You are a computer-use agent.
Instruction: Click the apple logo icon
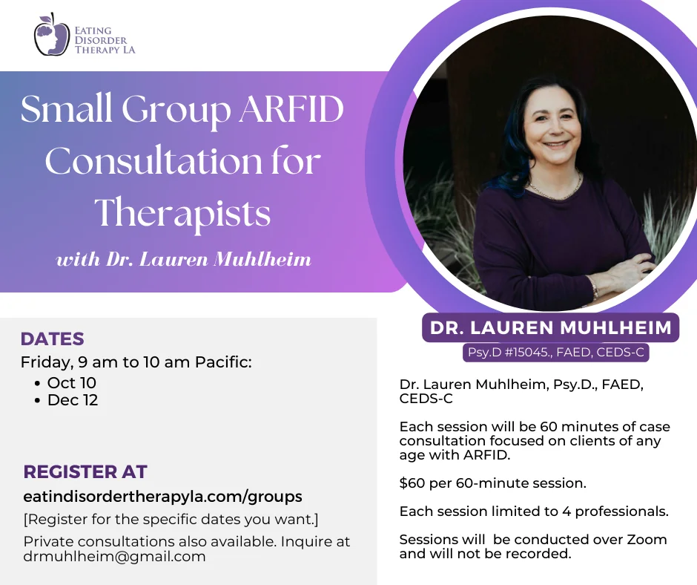[52, 34]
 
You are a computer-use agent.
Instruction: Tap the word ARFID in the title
[291, 109]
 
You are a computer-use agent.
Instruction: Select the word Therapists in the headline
[182, 213]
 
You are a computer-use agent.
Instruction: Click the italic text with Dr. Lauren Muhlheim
[184, 259]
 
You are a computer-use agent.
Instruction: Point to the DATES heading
[52, 339]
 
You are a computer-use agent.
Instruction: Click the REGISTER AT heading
[85, 471]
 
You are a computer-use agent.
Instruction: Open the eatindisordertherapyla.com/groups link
[162, 497]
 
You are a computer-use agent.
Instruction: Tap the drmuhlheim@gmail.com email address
[114, 557]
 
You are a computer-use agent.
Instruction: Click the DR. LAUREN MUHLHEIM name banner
[550, 327]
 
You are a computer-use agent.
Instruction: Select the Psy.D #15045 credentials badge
[555, 352]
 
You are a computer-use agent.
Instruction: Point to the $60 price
[412, 483]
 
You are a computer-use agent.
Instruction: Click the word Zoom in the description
[647, 540]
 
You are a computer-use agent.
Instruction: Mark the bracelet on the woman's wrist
[595, 289]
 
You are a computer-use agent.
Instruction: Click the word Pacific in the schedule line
[223, 362]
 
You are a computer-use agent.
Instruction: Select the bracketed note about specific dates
[171, 520]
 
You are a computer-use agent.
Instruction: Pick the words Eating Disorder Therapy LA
[105, 40]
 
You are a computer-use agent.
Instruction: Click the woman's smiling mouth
[556, 146]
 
